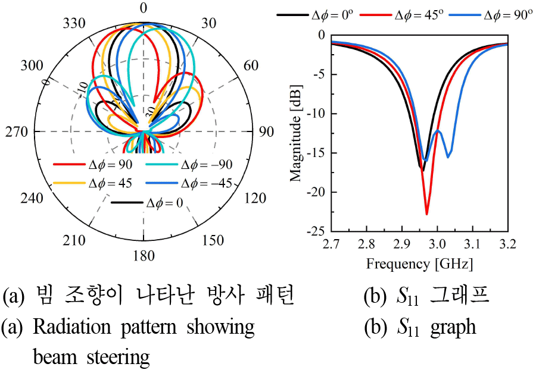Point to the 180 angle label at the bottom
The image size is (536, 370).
pyautogui.click(x=144, y=256)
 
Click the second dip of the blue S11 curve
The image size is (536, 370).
pyautogui.click(x=448, y=157)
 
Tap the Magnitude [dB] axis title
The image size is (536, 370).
pyautogui.click(x=296, y=132)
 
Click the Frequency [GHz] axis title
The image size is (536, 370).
pyautogui.click(x=419, y=263)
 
